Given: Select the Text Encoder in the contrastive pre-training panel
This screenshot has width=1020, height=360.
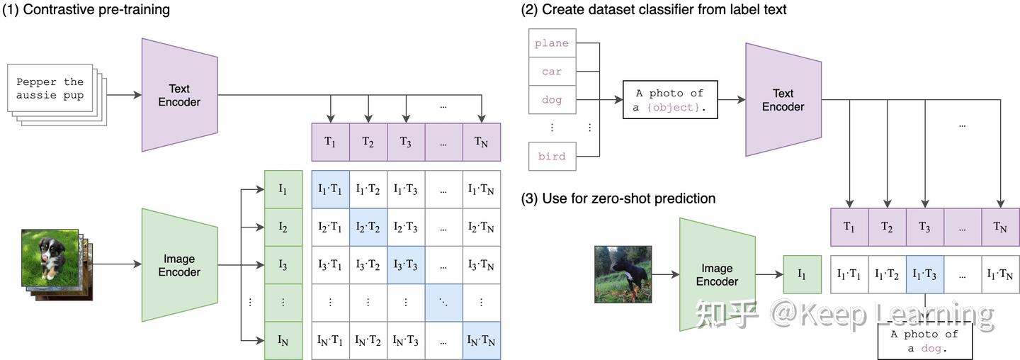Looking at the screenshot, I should [178, 95].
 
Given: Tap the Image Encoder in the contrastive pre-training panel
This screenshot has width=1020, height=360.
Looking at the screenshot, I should [179, 266].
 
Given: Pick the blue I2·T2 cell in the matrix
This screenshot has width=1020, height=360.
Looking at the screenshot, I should [368, 227].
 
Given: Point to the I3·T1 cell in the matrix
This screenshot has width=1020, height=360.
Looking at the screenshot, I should [330, 265].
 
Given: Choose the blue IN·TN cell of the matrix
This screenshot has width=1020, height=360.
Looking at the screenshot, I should [482, 342].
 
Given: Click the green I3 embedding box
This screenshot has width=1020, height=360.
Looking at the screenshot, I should [283, 265].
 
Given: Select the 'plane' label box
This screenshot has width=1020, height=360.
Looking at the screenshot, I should [552, 43].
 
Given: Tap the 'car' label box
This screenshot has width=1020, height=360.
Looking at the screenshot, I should [552, 72].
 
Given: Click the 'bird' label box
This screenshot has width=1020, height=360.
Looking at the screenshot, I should [552, 156].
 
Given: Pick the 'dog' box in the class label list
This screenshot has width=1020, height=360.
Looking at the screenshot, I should [552, 100].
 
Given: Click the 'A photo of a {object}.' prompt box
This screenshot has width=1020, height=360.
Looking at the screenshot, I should [670, 100].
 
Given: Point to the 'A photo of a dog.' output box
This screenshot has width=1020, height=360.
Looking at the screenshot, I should [924, 341].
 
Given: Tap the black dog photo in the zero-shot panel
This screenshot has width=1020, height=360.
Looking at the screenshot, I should [623, 274].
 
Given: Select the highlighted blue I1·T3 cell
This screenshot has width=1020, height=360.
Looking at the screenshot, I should [924, 274].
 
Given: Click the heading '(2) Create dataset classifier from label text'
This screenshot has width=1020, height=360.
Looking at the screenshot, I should [653, 10].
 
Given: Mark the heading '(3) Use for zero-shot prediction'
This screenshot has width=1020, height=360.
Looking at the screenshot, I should [618, 198].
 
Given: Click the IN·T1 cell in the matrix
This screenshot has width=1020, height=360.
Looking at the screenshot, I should [330, 342].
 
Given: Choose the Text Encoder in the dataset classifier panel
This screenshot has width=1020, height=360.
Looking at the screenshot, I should [783, 100].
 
